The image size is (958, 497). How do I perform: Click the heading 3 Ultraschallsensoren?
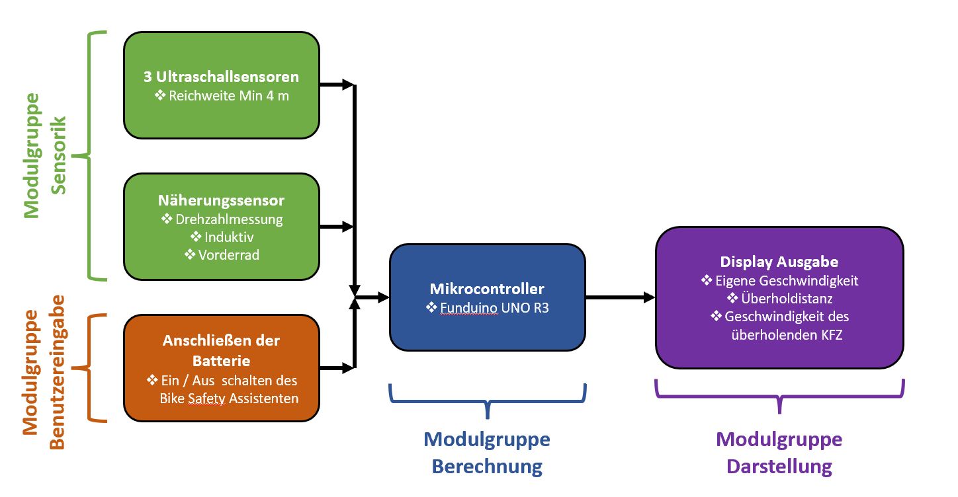pyautogui.click(x=221, y=77)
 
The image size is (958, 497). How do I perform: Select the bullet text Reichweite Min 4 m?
pyautogui.click(x=228, y=96)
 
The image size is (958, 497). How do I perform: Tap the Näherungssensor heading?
pyautogui.click(x=221, y=200)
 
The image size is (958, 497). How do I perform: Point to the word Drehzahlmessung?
pyautogui.click(x=229, y=219)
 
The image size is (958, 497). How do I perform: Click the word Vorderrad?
pyautogui.click(x=229, y=254)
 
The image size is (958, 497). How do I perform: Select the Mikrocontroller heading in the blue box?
pyautogui.click(x=487, y=289)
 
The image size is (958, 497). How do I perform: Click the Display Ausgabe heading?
pyautogui.click(x=779, y=262)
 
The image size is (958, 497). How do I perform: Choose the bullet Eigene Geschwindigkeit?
pyautogui.click(x=786, y=281)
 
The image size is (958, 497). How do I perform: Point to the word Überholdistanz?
pyautogui.click(x=786, y=299)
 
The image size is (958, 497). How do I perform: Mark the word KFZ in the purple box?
pyautogui.click(x=830, y=335)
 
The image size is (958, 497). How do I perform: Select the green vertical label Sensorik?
pyautogui.click(x=58, y=155)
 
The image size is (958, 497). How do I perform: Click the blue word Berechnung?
pyautogui.click(x=487, y=467)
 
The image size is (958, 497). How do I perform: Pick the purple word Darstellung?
pyautogui.click(x=779, y=467)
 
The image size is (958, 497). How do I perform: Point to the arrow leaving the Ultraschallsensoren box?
pyautogui.click(x=337, y=84)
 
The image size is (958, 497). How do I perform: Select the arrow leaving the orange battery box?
pyautogui.click(x=337, y=367)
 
